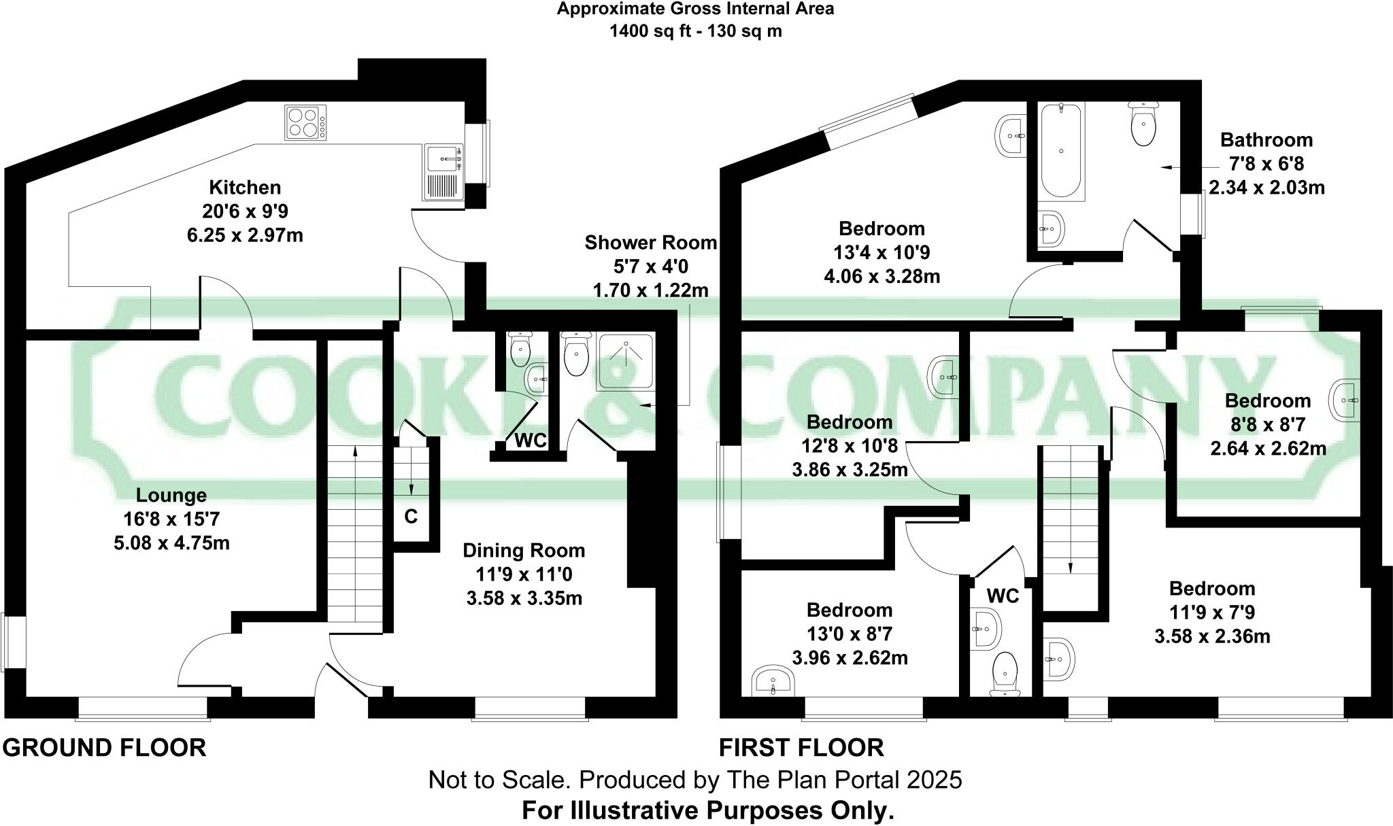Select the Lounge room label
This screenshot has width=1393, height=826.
[x=171, y=495]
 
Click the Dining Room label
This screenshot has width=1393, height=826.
[x=524, y=550]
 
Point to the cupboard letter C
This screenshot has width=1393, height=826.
[x=411, y=517]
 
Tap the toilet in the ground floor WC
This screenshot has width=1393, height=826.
[x=520, y=350]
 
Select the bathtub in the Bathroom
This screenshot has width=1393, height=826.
[x=1061, y=151]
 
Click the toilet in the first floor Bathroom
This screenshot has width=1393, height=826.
[x=1144, y=124]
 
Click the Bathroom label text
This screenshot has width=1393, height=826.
[x=1266, y=140]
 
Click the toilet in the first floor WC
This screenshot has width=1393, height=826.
[x=1005, y=674]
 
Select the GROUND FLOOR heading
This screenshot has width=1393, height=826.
[x=104, y=747]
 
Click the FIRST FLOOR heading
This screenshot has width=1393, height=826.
[x=801, y=747]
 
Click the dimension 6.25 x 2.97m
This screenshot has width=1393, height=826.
[x=244, y=236]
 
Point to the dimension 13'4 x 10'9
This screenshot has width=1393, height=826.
[x=882, y=252]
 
